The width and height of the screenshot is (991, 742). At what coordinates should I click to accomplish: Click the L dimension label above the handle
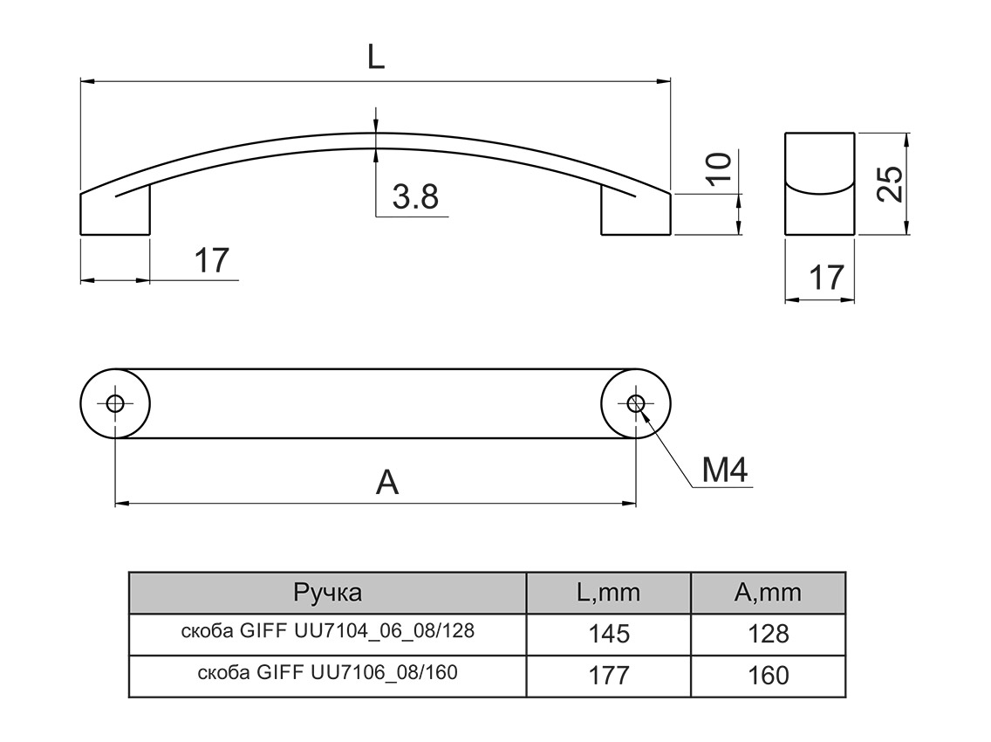[375, 58]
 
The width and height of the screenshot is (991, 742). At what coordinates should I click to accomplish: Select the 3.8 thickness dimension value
[414, 197]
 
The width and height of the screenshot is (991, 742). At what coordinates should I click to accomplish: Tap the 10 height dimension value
[718, 168]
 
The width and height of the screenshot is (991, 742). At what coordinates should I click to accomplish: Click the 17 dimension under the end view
[825, 278]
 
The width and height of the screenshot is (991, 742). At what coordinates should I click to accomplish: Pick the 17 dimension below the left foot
[210, 260]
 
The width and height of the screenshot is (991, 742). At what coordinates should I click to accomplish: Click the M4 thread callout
[725, 471]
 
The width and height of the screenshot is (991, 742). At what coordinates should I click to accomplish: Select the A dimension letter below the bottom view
[386, 482]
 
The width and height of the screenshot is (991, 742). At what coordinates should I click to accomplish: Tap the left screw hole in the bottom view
[114, 403]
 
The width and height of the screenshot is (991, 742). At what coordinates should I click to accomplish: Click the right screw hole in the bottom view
[636, 403]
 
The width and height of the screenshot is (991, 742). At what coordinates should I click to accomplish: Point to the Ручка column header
[327, 594]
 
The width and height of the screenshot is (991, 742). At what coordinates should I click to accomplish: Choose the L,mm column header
[608, 594]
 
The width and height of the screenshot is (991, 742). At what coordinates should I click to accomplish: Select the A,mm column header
[768, 594]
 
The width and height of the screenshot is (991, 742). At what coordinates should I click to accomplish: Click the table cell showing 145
[608, 634]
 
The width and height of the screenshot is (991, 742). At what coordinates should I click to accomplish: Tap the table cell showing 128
[768, 634]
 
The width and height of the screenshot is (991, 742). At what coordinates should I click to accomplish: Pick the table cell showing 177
[608, 676]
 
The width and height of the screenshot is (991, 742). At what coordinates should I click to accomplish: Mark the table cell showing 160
[768, 676]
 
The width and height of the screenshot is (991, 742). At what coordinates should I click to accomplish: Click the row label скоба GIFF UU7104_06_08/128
[327, 631]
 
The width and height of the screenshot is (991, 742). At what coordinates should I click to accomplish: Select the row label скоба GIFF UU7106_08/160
[327, 673]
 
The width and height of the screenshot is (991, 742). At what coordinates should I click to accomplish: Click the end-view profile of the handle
[819, 182]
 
